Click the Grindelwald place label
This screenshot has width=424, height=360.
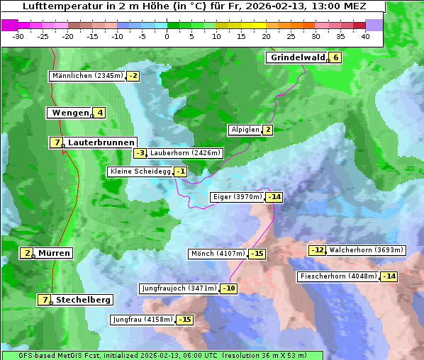click(297, 58)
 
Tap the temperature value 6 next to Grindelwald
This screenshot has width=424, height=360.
click(335, 58)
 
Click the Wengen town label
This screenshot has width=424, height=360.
click(70, 113)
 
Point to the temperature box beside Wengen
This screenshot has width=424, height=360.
click(100, 113)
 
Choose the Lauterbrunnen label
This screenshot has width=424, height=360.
click(101, 142)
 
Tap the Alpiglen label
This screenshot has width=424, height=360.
click(245, 130)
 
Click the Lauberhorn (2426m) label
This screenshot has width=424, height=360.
click(186, 153)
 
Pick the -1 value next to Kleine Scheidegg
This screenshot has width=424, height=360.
click(182, 171)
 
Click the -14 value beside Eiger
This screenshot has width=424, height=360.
click(274, 197)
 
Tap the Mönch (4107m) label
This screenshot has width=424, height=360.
click(218, 254)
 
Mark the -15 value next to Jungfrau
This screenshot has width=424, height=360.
click(184, 320)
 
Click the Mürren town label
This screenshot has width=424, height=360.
click(54, 253)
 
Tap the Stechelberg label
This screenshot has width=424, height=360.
click(83, 300)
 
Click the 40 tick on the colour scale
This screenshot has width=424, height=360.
click(365, 36)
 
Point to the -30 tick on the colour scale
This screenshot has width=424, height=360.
click(18, 36)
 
